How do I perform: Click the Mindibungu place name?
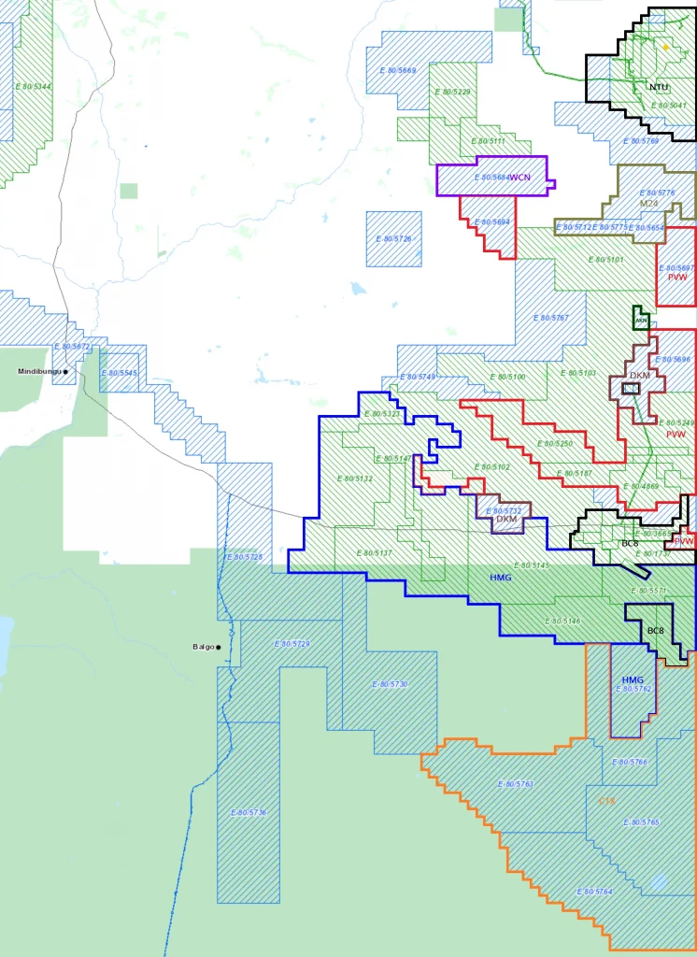point(38,371)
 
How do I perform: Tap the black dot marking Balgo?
point(219,647)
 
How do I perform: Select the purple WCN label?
point(519,177)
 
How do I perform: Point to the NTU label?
point(659,87)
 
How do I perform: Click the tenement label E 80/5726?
point(393,239)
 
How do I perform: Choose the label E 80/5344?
point(34,86)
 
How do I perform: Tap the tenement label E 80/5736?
point(249,813)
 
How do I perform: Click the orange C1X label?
point(605,801)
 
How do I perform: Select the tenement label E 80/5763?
point(515,783)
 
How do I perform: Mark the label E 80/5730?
point(390,685)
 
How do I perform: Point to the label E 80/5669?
point(398,71)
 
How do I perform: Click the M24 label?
point(648,203)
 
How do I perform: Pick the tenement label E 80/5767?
point(551,318)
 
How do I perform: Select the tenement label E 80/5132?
point(354,478)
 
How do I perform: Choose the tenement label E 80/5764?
point(595,892)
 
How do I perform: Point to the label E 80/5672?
point(72,347)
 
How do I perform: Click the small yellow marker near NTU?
point(665,47)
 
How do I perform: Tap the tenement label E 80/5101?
point(605,259)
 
